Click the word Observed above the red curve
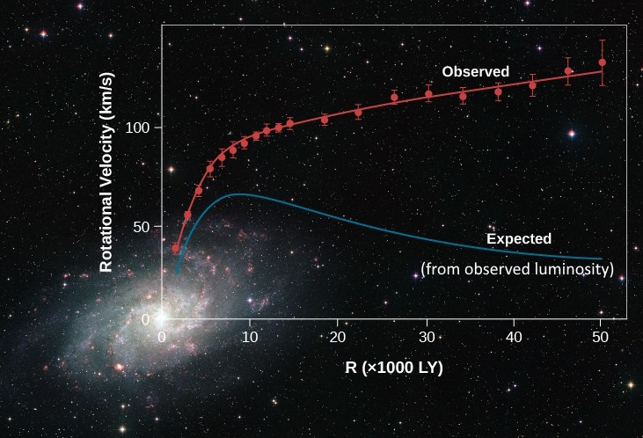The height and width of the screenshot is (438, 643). point(475,71)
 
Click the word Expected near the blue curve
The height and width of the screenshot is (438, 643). point(519,238)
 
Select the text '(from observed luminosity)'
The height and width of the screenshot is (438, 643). point(517,268)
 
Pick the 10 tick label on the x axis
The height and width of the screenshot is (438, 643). point(250,338)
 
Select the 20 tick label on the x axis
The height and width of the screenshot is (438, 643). point(338,338)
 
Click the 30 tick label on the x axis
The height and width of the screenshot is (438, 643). point(426,338)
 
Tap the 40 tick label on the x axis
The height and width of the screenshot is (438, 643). point(513,338)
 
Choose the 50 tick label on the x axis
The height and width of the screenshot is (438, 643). point(601,338)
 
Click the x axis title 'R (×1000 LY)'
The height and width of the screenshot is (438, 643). point(394,367)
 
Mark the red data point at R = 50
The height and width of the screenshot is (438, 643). point(602,62)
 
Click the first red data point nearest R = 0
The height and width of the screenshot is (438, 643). point(175,248)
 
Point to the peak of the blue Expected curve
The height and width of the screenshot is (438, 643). point(234,193)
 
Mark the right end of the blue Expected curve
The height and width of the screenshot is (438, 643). point(602,259)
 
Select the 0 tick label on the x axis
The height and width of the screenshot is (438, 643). point(162,338)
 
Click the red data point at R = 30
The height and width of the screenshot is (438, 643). point(428,94)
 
